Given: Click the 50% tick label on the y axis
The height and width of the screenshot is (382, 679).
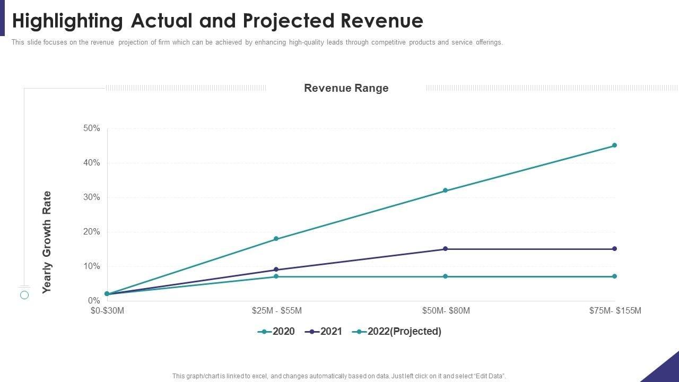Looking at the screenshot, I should tap(91, 128).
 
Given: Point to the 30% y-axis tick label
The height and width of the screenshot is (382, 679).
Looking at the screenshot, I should tap(91, 197).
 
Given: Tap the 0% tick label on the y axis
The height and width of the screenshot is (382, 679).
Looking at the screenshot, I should tap(93, 301).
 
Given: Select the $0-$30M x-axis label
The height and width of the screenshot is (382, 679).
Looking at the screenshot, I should tap(107, 311).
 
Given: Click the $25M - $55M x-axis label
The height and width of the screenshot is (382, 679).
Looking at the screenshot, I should tap(276, 311).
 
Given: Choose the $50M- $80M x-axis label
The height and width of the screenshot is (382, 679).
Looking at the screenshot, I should tap(446, 311).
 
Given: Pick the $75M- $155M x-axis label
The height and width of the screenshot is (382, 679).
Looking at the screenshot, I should tap(615, 311).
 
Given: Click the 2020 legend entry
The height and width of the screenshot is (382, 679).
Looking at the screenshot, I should tap(276, 332).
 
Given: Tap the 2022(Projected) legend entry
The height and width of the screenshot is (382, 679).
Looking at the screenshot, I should tap(398, 332).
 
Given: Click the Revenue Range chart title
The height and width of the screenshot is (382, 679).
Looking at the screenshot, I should tap(346, 88).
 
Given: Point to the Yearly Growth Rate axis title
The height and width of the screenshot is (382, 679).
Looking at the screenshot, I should tap(47, 242).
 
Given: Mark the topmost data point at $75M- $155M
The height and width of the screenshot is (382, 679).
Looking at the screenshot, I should tap(614, 145).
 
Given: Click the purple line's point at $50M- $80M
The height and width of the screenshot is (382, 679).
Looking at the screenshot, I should tap(445, 249).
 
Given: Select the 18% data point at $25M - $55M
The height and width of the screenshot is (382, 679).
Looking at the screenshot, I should tap(276, 239).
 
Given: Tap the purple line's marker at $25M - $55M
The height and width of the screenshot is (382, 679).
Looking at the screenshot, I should tap(276, 270).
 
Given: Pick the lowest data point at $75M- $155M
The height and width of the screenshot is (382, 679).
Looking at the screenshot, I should tap(614, 276).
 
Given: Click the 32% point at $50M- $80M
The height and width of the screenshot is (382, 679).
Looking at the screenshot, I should tap(445, 190).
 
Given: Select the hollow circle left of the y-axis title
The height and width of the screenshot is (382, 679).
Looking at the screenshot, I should tap(24, 295).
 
